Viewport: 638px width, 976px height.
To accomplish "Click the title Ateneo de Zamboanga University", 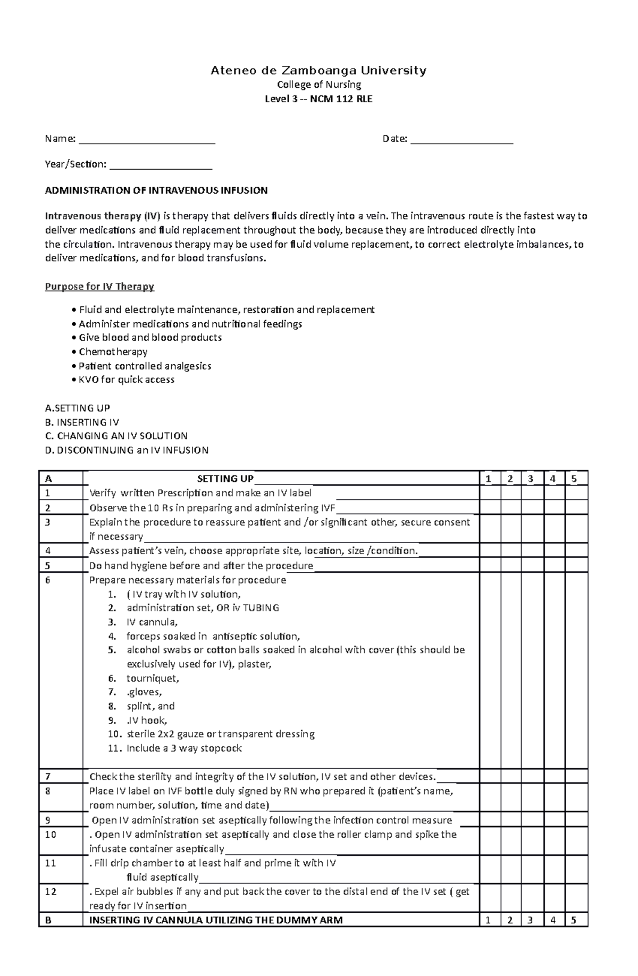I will pos(318,70).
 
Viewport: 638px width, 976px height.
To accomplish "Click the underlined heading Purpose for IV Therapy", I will pos(99,287).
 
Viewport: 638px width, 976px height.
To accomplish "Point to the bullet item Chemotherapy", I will pos(113,352).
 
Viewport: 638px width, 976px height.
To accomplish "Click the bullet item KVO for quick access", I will pos(127,380).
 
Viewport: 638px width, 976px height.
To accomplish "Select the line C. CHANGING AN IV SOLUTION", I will pos(116,436).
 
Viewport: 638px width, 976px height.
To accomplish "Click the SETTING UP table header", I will pos(225,479).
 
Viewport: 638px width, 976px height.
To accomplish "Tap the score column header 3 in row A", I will pos(531,479).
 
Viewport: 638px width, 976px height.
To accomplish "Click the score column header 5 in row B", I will pos(574,920).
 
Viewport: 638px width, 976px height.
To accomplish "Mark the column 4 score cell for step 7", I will pos(553,777).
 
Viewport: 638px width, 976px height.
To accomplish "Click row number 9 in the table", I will pos(48,820).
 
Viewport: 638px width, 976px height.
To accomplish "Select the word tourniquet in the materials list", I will pos(152,678).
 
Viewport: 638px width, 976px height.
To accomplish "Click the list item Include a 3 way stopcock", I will pos(184,748).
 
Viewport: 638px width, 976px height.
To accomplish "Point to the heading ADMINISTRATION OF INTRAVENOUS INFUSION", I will pos(156,190).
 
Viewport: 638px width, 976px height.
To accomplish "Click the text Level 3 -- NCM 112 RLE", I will pos(318,99).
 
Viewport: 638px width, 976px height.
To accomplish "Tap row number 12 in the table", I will pos(51,891).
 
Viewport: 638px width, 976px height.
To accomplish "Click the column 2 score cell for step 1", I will pos(510,493).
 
